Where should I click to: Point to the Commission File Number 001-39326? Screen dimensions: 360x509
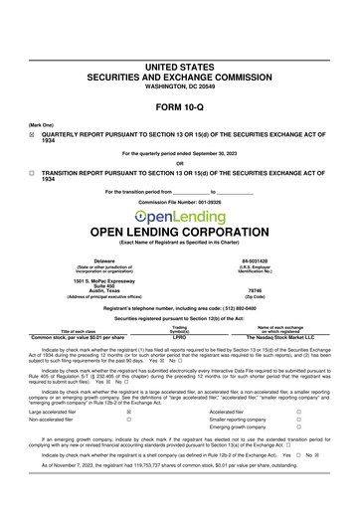point(179,203)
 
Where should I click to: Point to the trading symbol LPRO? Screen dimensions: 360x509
point(179,337)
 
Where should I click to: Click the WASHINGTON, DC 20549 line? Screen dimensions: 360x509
point(179,84)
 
